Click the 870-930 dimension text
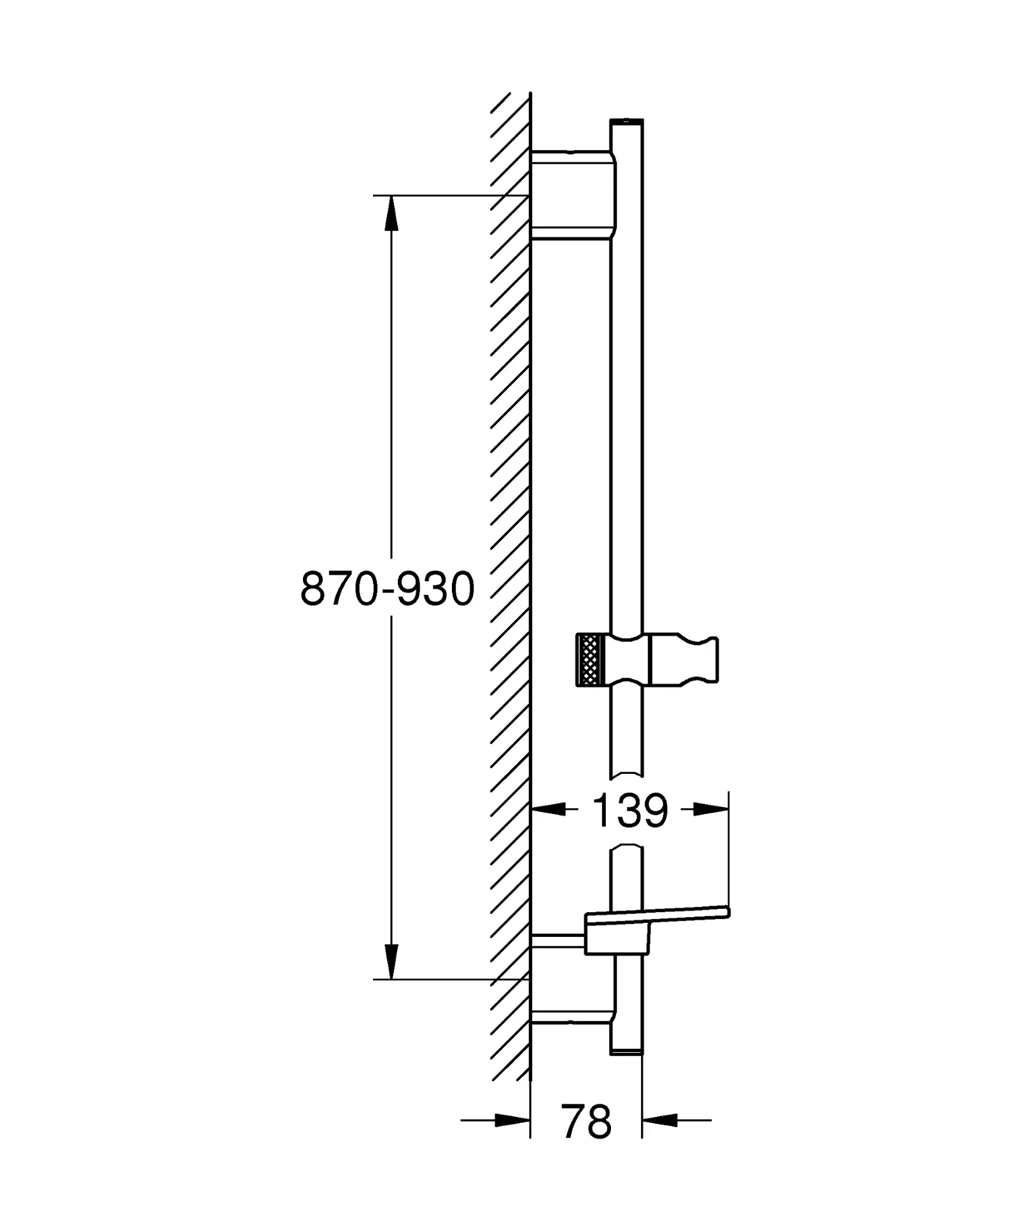tap(387, 588)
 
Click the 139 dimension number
tap(629, 811)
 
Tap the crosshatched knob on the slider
tap(588, 660)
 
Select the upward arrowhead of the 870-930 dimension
tap(391, 213)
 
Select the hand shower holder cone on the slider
tap(684, 660)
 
